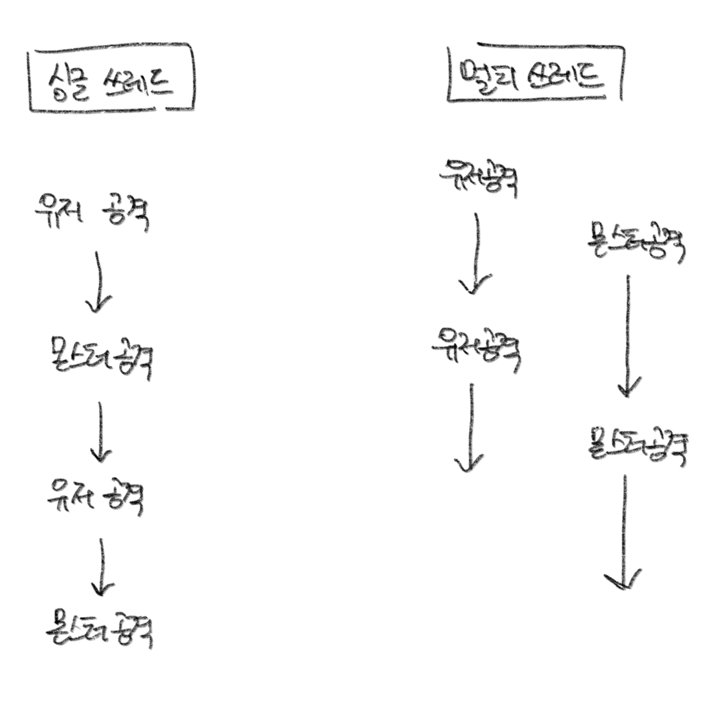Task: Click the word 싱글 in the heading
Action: [68, 83]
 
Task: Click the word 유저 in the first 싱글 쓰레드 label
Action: [59, 212]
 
